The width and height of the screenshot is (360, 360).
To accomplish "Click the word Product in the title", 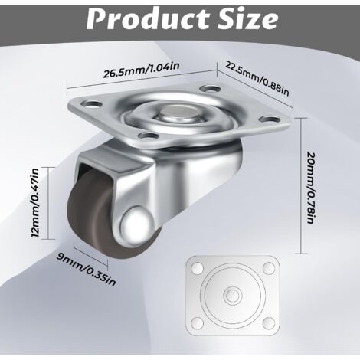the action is coord(149,19).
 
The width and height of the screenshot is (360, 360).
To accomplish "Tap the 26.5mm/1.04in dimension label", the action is coord(141,70).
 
